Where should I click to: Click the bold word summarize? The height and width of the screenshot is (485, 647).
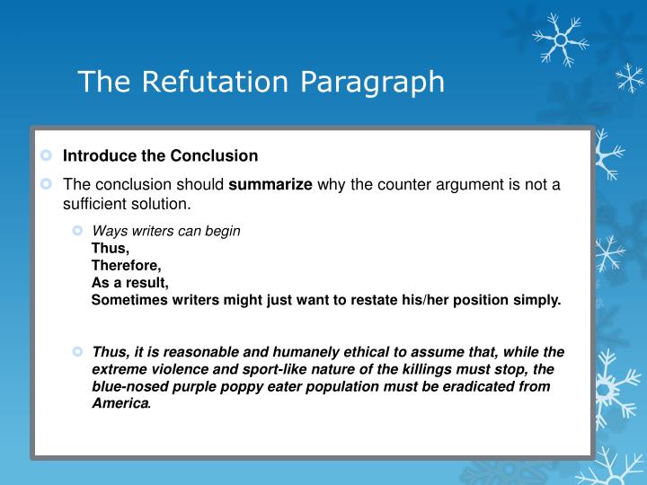click(x=270, y=185)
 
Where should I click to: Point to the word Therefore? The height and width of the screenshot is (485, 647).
click(x=127, y=265)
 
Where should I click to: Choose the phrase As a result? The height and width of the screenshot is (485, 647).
click(x=129, y=282)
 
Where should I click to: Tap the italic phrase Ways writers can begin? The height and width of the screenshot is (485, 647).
click(x=166, y=231)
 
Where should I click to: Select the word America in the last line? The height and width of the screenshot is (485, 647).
click(x=120, y=403)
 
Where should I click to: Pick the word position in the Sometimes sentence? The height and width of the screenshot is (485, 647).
click(x=492, y=300)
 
